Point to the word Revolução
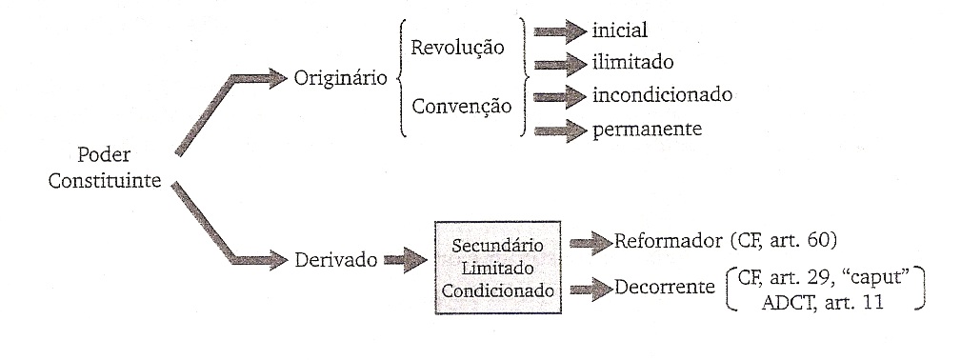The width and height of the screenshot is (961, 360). (x=456, y=49)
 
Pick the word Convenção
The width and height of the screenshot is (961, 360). (x=461, y=105)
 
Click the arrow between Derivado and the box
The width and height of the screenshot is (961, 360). (x=405, y=258)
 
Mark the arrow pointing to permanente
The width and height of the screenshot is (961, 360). (x=560, y=130)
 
